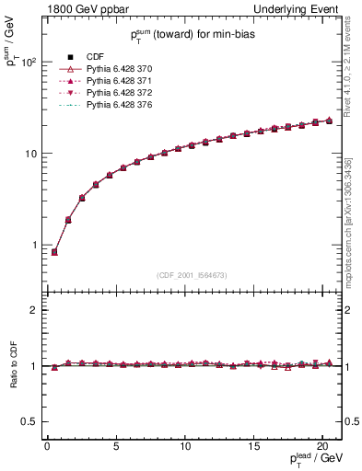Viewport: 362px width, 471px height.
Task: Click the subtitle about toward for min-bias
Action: pos(193,33)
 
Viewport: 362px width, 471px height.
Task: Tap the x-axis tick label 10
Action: pos(184,447)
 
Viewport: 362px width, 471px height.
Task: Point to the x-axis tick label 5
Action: pos(116,447)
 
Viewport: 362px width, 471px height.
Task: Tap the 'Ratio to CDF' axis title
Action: pos(13,366)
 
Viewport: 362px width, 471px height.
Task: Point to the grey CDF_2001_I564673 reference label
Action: pos(192,275)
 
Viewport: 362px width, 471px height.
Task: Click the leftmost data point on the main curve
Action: pos(54,251)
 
